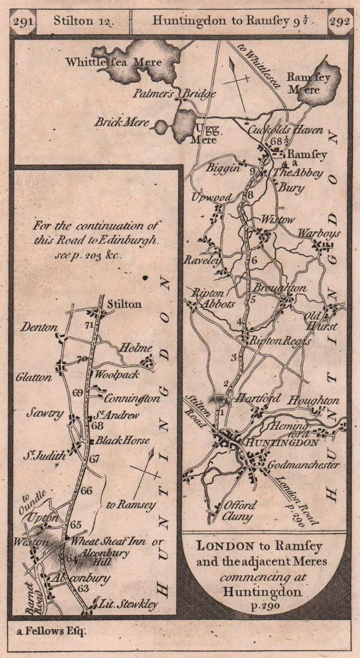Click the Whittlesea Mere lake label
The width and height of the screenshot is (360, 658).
pyautogui.click(x=113, y=63)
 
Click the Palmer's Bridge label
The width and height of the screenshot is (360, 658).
pyautogui.click(x=174, y=94)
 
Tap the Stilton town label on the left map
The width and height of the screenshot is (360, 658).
pyautogui.click(x=124, y=304)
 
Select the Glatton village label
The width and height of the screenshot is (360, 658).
pyautogui.click(x=34, y=377)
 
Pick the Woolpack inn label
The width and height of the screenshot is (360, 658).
pyautogui.click(x=117, y=375)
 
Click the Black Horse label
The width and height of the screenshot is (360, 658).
pyautogui.click(x=122, y=440)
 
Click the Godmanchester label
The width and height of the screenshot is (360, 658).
pyautogui.click(x=303, y=465)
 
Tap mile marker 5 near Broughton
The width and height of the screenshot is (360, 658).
pyautogui.click(x=253, y=299)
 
